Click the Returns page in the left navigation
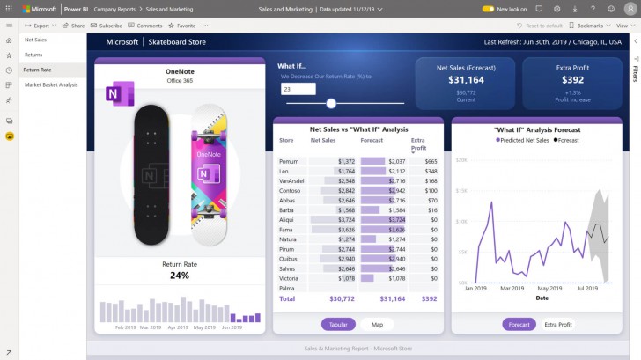33,55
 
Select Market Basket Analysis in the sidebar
51,84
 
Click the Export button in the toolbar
38,26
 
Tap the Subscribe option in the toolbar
107,26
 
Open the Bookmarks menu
586,26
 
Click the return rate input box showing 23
298,89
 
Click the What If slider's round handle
331,103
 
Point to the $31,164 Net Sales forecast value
467,79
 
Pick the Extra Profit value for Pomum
431,162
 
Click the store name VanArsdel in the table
291,180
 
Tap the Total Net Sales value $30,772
341,298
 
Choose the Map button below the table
377,324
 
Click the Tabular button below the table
337,324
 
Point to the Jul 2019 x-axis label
587,288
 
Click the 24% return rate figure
180,275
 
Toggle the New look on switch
488,9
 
